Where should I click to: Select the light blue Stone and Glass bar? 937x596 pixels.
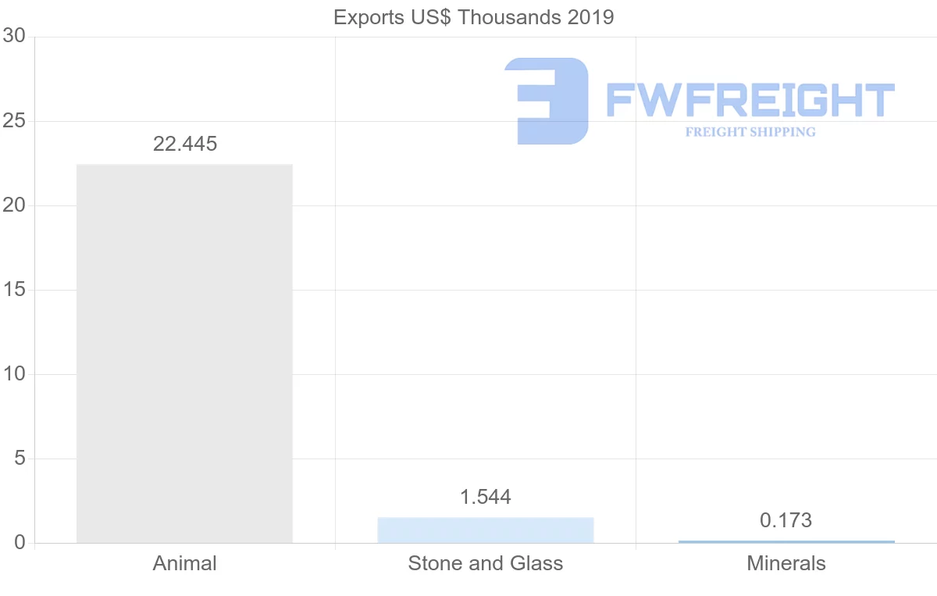point(485,530)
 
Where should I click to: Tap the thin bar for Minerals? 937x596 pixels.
point(786,541)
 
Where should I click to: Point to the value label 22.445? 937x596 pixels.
point(185,144)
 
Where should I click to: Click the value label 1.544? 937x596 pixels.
point(485,497)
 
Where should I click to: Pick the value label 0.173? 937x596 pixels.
point(786,520)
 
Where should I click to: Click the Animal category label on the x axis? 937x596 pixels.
point(185,563)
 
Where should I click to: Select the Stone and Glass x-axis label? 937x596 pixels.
point(485,563)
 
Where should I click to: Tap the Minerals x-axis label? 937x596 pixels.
point(786,563)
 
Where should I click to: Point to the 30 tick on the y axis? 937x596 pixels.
point(14,37)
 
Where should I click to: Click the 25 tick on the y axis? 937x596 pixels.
point(14,121)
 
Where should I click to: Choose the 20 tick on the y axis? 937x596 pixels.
point(14,205)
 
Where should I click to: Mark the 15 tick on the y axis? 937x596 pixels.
point(14,290)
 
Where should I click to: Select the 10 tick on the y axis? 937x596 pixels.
point(14,374)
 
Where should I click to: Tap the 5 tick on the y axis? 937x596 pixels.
point(20,459)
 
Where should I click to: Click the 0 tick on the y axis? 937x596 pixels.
point(20,543)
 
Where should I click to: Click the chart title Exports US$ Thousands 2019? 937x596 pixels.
point(473,17)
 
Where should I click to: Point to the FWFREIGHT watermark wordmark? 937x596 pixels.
point(750,101)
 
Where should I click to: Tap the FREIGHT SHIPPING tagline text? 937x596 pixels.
point(750,132)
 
